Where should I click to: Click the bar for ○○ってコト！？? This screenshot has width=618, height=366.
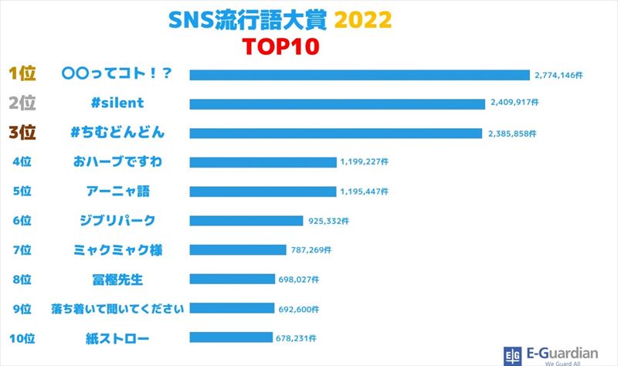(359, 75)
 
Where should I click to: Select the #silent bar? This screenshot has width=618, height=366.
(338, 103)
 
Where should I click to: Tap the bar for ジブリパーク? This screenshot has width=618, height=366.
(246, 221)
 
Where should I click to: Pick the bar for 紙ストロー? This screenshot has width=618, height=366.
(231, 337)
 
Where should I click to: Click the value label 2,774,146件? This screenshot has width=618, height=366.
(559, 75)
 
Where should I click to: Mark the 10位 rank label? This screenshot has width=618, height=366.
(24, 337)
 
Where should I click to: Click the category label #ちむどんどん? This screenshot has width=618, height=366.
(116, 132)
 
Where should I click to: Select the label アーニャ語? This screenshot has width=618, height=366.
(117, 191)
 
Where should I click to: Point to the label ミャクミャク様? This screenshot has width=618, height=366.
(117, 249)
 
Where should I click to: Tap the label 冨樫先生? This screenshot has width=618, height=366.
(116, 279)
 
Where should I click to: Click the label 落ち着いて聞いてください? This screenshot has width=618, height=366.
(117, 308)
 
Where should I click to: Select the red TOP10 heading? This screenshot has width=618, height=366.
(279, 46)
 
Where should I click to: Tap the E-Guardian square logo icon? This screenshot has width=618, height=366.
(511, 354)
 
